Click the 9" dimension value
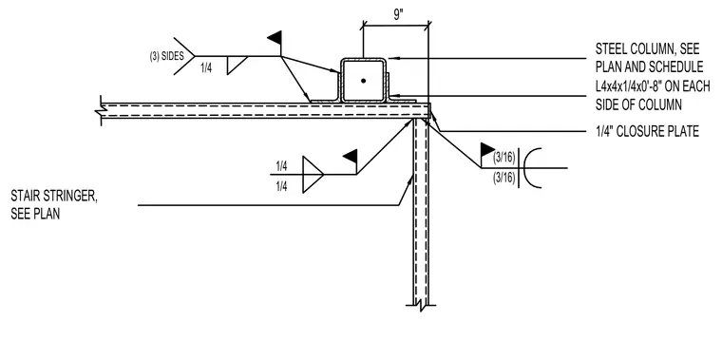(x=397, y=15)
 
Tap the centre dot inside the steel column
(x=363, y=81)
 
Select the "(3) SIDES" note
(x=166, y=56)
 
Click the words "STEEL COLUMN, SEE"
(x=647, y=48)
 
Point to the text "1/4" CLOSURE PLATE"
(x=647, y=131)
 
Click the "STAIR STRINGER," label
(x=54, y=196)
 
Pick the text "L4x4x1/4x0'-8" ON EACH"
(x=653, y=86)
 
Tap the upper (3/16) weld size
(x=504, y=158)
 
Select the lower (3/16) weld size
(x=504, y=178)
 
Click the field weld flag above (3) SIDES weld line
(x=275, y=37)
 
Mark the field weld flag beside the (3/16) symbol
(x=487, y=150)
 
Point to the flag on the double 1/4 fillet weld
(x=351, y=156)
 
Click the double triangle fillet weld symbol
(x=313, y=175)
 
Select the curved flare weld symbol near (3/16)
(x=529, y=167)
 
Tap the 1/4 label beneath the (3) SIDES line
(x=207, y=68)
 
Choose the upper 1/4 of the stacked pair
(x=282, y=166)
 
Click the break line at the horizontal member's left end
(x=101, y=110)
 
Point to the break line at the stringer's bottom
(x=421, y=305)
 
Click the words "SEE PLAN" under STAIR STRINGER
(x=35, y=214)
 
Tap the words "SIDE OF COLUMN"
(x=638, y=104)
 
